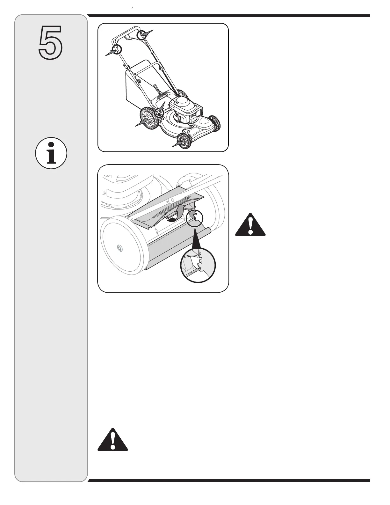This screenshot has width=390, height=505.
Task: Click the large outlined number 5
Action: (51, 43)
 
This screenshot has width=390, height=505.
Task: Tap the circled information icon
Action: (51, 153)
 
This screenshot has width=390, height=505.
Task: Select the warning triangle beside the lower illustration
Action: (250, 224)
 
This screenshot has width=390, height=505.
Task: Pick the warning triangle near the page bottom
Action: (112, 438)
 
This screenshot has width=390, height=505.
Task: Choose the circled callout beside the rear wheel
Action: (159, 112)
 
